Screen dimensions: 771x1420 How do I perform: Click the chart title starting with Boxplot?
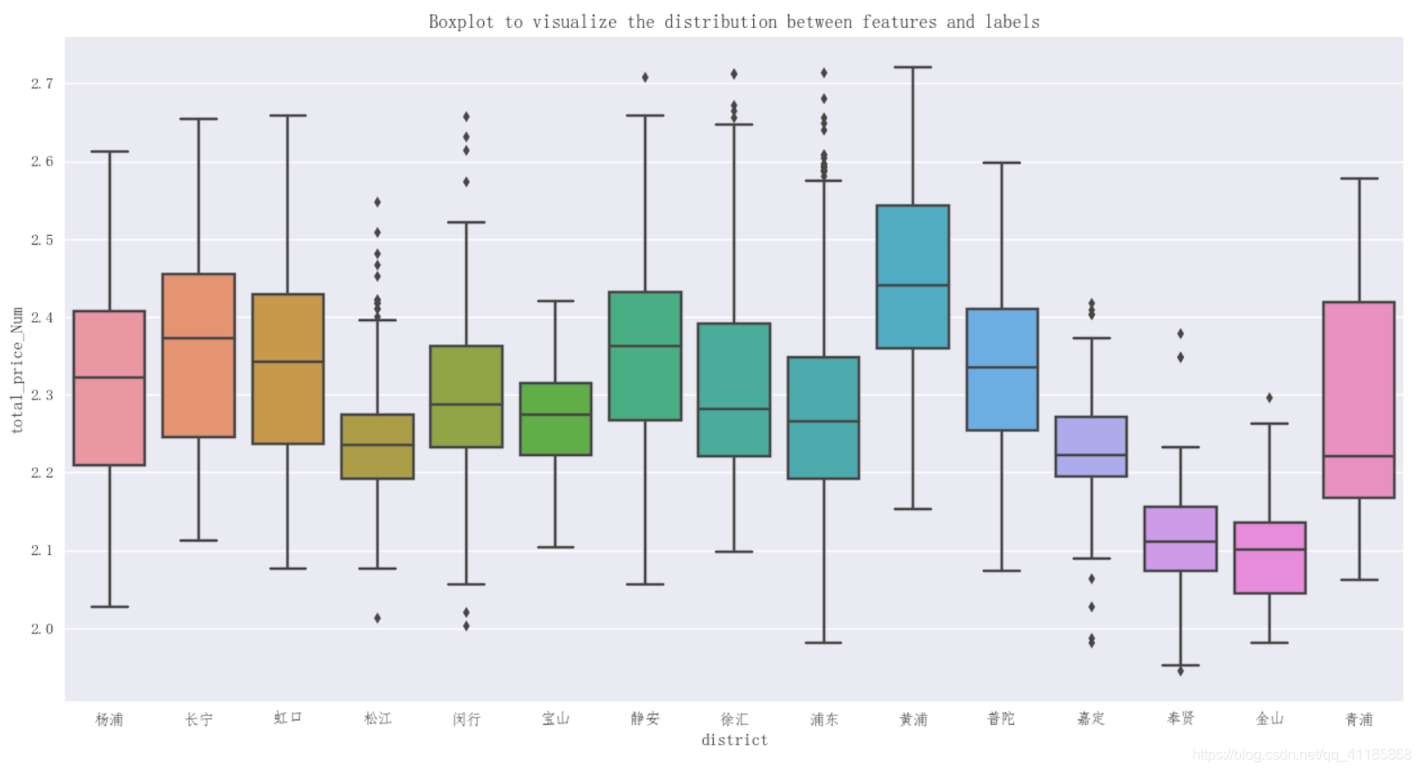(x=733, y=22)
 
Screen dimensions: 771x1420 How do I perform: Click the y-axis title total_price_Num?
(x=17, y=370)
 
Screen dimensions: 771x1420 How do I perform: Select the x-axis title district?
(x=734, y=740)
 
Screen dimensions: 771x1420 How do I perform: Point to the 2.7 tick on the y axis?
(x=42, y=84)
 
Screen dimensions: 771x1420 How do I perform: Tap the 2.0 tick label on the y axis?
(x=42, y=629)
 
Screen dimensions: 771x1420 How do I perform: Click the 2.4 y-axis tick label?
(x=42, y=318)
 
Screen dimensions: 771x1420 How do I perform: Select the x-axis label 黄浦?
(x=912, y=719)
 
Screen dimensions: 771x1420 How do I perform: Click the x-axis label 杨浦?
(x=109, y=719)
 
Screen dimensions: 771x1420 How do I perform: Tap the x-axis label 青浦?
(x=1359, y=719)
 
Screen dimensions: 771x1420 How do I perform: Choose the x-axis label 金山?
(x=1270, y=719)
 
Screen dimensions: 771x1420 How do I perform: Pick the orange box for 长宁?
(x=199, y=387)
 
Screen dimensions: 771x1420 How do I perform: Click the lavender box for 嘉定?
(x=1091, y=436)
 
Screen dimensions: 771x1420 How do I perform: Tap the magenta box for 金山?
(x=1270, y=571)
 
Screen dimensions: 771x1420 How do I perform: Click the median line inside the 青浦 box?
(x=1359, y=456)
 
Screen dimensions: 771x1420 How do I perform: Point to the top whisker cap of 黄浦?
(x=912, y=67)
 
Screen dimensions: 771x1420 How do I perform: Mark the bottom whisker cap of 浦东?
(x=823, y=642)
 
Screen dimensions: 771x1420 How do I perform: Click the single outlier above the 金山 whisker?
(x=1270, y=398)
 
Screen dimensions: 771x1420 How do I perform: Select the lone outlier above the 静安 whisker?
(x=645, y=77)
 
